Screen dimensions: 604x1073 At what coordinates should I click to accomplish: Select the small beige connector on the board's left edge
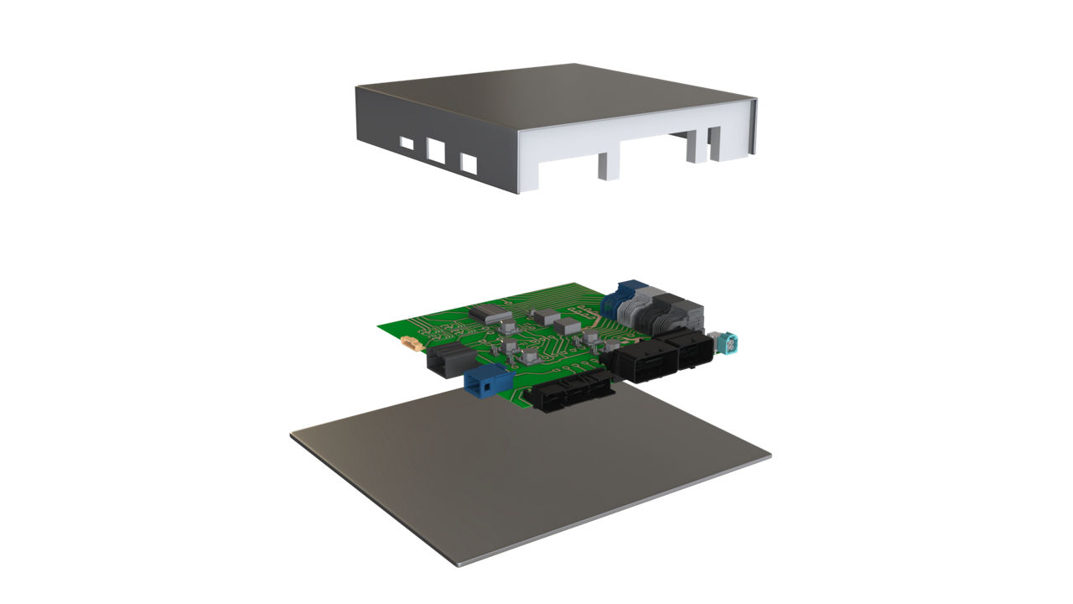click(x=410, y=343)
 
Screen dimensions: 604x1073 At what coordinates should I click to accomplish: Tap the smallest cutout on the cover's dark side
click(x=407, y=143)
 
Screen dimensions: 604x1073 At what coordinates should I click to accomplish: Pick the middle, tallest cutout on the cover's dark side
click(x=436, y=150)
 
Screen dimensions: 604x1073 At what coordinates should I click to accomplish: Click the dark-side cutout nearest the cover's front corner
click(x=468, y=163)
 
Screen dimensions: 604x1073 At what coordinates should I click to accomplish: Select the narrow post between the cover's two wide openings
click(x=608, y=165)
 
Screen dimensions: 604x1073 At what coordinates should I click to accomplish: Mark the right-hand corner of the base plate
click(x=770, y=458)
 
